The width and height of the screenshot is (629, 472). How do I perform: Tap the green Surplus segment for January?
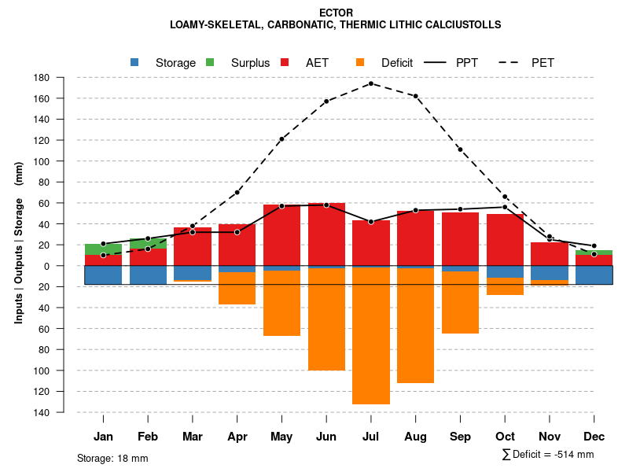[103, 249]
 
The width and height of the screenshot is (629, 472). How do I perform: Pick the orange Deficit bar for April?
[237, 288]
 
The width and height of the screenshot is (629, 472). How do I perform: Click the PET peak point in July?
[371, 83]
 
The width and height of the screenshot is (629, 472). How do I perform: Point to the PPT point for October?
[505, 207]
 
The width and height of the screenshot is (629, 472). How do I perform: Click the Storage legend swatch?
[135, 62]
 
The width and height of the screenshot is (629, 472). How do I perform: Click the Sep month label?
[461, 437]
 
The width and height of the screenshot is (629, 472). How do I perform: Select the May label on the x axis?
[281, 437]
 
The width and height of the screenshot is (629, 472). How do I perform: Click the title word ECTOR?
[337, 13]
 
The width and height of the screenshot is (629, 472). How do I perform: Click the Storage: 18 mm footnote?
[112, 458]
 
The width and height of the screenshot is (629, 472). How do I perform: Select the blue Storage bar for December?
[594, 275]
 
